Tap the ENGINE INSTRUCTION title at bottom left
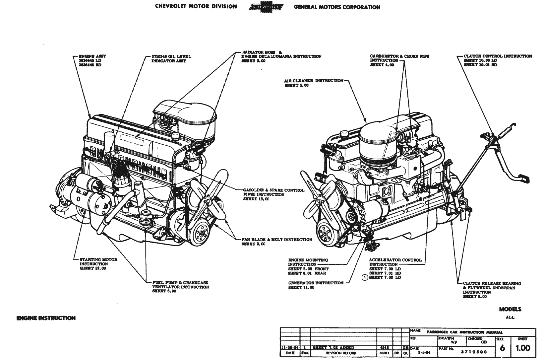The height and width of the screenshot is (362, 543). [46, 318]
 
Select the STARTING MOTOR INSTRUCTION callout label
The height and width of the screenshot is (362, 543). [98, 264]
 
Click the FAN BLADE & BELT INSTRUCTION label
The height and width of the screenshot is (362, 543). [277, 240]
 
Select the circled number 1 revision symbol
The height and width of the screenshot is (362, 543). [365, 277]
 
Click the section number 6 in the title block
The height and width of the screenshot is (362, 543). [502, 348]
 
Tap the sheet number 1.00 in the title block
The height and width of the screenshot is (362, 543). [522, 348]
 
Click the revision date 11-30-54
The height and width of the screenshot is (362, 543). [287, 347]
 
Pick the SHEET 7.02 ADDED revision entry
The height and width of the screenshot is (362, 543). [327, 347]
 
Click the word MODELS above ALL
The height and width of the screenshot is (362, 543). [510, 309]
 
